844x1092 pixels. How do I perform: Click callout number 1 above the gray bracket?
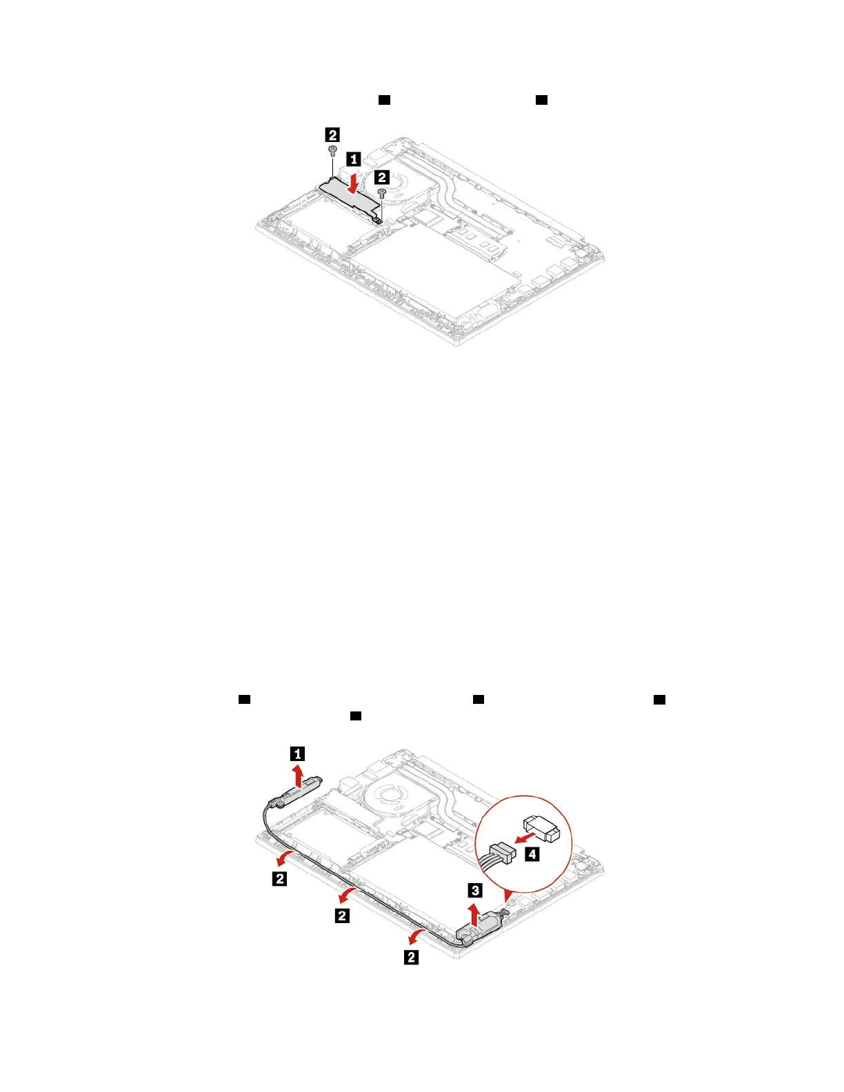pyautogui.click(x=352, y=159)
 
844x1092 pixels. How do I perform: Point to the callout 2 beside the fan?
pyautogui.click(x=381, y=176)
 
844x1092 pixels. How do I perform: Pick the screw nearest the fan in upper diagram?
pyautogui.click(x=381, y=193)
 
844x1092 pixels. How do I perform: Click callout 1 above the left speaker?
pyautogui.click(x=298, y=754)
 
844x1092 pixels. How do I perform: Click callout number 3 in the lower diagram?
pyautogui.click(x=475, y=890)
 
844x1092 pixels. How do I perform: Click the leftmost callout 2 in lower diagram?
pyautogui.click(x=279, y=878)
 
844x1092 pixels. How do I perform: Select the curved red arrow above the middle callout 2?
pyautogui.click(x=345, y=896)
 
